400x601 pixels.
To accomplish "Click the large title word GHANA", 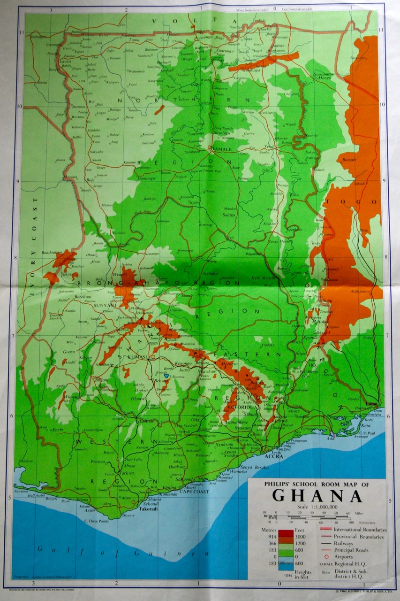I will [x=317, y=496].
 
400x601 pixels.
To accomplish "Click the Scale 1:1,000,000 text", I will [x=317, y=507].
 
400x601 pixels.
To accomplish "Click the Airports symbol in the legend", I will [x=323, y=557].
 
